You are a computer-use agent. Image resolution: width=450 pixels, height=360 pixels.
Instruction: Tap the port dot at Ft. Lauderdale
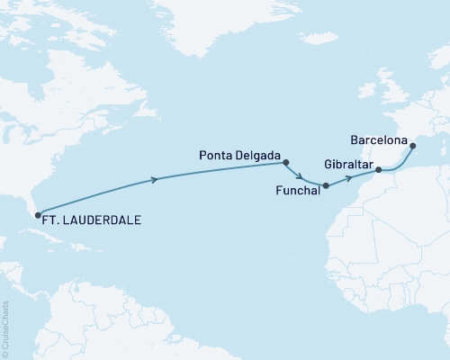(36, 212)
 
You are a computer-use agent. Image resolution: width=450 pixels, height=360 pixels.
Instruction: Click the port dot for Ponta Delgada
(285, 163)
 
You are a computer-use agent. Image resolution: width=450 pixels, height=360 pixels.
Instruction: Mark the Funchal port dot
(326, 186)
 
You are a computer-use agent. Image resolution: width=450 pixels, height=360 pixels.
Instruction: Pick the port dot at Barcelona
(412, 146)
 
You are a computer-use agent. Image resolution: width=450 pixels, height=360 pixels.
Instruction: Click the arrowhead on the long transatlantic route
(157, 180)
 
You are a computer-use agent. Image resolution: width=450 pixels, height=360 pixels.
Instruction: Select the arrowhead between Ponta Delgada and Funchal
(299, 177)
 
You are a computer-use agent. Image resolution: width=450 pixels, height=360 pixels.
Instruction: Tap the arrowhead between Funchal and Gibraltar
(346, 179)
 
